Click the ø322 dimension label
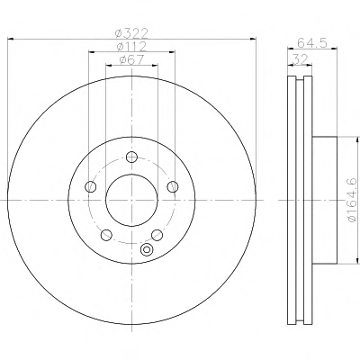click(131, 33)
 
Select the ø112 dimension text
click(131, 47)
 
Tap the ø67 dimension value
click(131, 59)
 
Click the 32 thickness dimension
click(300, 58)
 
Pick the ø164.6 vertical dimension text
click(352, 200)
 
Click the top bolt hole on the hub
click(131, 157)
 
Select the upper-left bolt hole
click(91, 186)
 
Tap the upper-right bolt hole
click(173, 186)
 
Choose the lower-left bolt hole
click(106, 235)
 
